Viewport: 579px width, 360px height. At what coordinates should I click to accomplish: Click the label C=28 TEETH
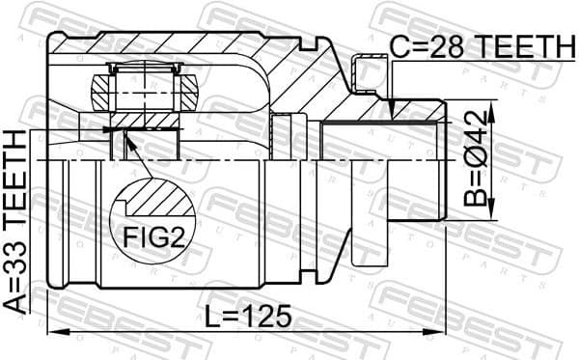pyautogui.click(x=480, y=45)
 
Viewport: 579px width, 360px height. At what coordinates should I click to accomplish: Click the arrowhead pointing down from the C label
pyautogui.click(x=393, y=114)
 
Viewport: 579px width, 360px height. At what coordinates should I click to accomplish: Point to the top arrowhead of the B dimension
pyautogui.click(x=493, y=109)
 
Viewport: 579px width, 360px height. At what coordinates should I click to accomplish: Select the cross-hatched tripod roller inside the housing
pyautogui.click(x=145, y=89)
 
